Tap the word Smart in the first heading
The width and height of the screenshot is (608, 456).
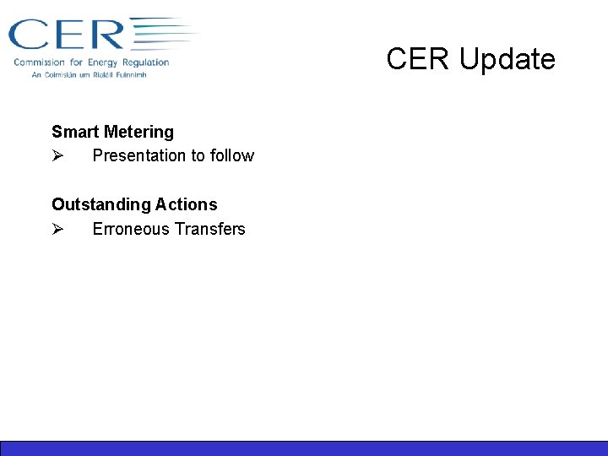(73, 132)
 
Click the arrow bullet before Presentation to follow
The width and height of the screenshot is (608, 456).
(57, 156)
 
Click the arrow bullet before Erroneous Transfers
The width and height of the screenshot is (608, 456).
(57, 230)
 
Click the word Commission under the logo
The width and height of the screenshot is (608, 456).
(41, 62)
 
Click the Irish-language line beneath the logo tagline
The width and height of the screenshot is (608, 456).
(89, 75)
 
